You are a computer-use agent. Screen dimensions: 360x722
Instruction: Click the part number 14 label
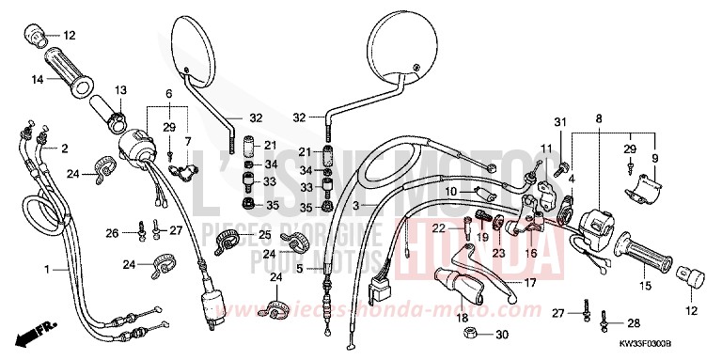pyautogui.click(x=39, y=79)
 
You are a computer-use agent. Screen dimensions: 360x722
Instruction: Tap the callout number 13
pyautogui.click(x=121, y=90)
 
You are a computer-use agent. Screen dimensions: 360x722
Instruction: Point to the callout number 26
pyautogui.click(x=113, y=233)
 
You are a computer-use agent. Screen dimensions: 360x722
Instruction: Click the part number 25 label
pyautogui.click(x=264, y=235)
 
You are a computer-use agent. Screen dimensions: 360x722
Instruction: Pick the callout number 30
pyautogui.click(x=503, y=336)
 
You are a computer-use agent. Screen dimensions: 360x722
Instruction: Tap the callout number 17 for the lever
pyautogui.click(x=529, y=282)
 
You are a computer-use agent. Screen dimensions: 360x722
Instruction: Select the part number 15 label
pyautogui.click(x=620, y=286)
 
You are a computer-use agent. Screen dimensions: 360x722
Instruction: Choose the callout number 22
pyautogui.click(x=440, y=227)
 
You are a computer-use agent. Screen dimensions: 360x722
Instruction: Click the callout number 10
pyautogui.click(x=451, y=193)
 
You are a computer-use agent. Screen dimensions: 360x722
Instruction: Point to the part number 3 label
pyautogui.click(x=356, y=204)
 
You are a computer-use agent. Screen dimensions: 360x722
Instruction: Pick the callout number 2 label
pyautogui.click(x=65, y=149)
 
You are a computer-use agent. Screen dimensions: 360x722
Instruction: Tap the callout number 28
pyautogui.click(x=635, y=322)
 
